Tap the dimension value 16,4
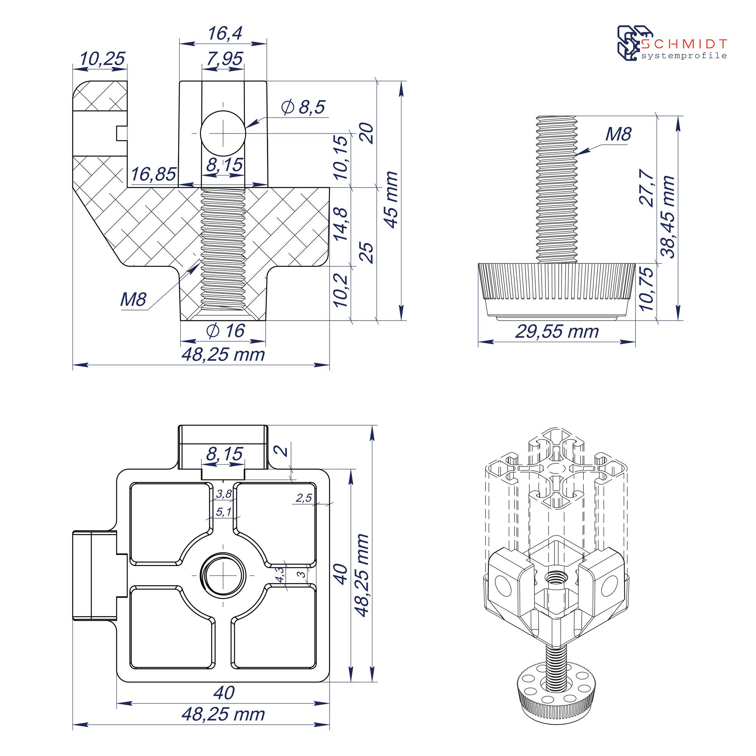[225, 33]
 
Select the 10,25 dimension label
[102, 59]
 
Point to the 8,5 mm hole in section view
[223, 133]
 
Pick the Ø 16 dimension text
[225, 331]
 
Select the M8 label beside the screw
[618, 135]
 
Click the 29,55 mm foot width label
[557, 332]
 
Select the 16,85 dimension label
[153, 174]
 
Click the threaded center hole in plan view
[223, 575]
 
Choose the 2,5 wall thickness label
[304, 498]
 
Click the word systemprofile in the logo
[684, 56]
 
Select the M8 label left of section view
[133, 299]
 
